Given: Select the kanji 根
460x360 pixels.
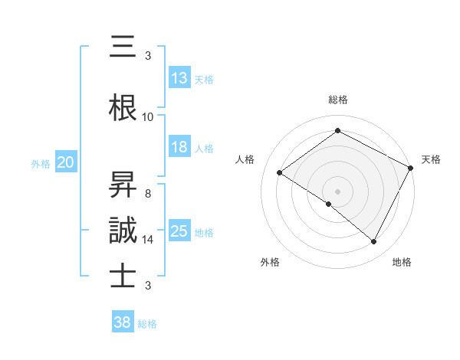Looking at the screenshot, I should tap(123, 106).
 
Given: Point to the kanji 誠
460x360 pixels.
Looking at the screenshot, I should tap(123, 230).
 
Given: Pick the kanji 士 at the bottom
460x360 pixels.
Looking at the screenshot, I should tap(123, 276).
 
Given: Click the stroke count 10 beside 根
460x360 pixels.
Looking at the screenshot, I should tap(148, 117).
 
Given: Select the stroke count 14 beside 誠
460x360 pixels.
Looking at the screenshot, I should tap(148, 240).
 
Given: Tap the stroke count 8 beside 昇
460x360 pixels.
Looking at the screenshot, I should tap(148, 194).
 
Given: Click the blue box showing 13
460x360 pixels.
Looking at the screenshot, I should tap(179, 78).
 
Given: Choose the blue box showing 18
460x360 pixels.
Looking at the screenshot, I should tap(179, 147).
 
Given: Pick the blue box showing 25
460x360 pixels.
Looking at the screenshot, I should tap(179, 231).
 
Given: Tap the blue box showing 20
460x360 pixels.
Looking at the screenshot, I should tap(66, 162).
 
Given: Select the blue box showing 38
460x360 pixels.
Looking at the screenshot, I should tap(123, 323).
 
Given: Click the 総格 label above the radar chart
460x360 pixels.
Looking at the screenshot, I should tap(337, 100).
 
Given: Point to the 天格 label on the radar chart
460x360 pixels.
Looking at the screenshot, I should tap(431, 159).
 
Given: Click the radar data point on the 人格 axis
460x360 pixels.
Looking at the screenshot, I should tap(279, 172).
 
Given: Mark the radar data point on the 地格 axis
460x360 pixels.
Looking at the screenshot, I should tap(374, 242).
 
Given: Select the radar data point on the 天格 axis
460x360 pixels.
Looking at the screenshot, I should tap(411, 168).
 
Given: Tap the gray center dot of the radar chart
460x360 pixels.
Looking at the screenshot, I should tap(337, 191).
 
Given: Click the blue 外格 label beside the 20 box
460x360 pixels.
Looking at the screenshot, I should tap(40, 163).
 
